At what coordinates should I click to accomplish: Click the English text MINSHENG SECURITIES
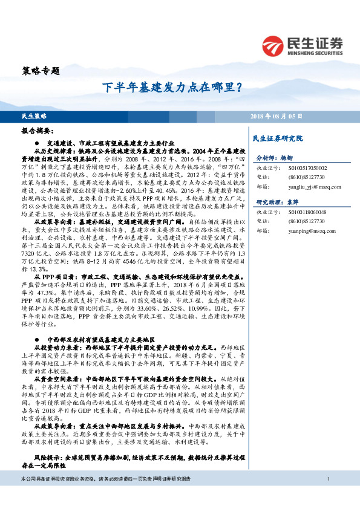tap(316, 51)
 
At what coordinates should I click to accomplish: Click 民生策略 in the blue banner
tap(34, 115)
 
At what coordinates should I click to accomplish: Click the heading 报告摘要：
tap(37, 130)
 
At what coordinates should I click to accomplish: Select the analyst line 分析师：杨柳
tap(274, 156)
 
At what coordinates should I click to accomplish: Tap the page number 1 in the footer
tap(327, 496)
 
